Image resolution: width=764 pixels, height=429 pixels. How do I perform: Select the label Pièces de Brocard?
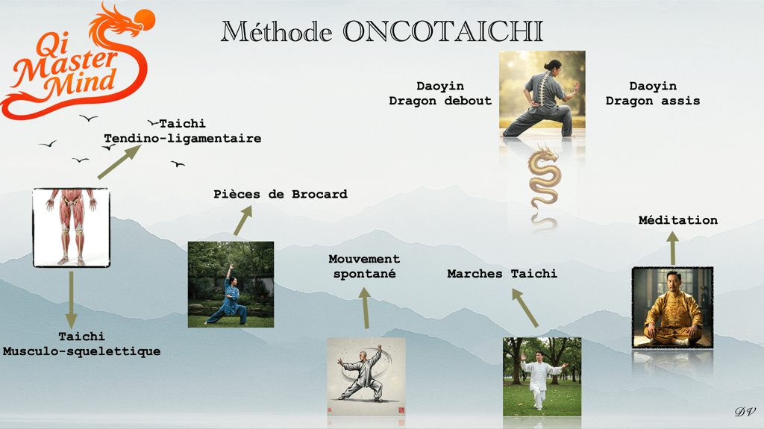[x=281, y=194]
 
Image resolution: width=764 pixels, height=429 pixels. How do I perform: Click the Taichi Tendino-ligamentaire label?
[x=182, y=131]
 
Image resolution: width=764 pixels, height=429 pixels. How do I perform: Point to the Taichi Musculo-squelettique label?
[x=81, y=344]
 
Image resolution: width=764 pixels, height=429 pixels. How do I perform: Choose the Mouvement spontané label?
[x=364, y=266]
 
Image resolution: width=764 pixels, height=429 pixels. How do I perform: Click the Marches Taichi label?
[x=502, y=274]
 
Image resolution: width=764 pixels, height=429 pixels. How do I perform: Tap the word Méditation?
[x=677, y=220]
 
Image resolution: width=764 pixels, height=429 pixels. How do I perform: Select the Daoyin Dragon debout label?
[x=440, y=94]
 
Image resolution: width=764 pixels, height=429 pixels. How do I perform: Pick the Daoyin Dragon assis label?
[x=653, y=94]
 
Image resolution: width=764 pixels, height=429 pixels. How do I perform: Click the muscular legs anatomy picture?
[x=71, y=228]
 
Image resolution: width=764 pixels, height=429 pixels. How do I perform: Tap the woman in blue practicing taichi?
[x=231, y=284]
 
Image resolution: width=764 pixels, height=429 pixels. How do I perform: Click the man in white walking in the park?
[x=542, y=376]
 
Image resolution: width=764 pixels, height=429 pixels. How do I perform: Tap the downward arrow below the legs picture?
[x=71, y=298]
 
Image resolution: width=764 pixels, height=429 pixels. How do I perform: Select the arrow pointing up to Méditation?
[x=672, y=248]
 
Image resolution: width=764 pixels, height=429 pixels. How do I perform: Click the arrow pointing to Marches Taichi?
[x=525, y=307]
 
